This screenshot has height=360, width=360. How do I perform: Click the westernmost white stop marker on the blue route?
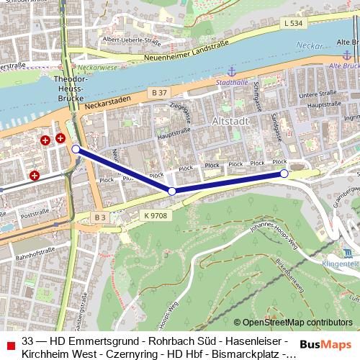point(76,149)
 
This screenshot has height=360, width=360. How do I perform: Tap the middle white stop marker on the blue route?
point(172,191)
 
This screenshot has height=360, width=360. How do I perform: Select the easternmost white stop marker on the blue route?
point(284,174)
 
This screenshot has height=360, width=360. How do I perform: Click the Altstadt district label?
point(230,122)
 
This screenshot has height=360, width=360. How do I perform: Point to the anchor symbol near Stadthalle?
point(232,71)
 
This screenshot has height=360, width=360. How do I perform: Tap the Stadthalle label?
point(231,82)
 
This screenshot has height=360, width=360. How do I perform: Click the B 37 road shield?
point(159,92)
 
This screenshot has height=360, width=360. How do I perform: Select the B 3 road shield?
point(99,217)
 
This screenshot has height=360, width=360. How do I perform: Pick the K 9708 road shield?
point(156,215)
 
